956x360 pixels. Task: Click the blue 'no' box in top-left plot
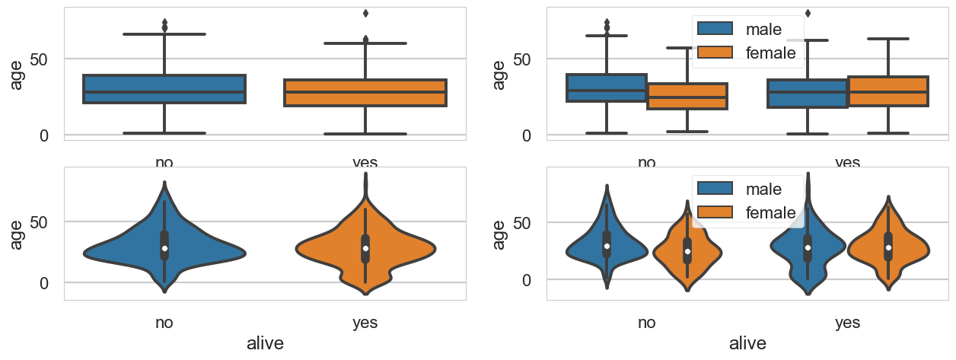164,89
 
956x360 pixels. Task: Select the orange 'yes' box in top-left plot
365,92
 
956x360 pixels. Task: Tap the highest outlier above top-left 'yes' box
365,13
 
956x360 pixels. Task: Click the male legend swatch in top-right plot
714,29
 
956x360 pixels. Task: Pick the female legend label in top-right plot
770,53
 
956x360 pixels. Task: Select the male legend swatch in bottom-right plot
714,189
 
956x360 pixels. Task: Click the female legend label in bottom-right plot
770,212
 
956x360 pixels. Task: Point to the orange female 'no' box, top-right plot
687,96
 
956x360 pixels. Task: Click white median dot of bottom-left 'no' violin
164,248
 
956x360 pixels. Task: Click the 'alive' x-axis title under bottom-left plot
265,344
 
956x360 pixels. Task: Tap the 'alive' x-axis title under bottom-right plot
747,344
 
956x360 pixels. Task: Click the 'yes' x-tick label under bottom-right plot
847,323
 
